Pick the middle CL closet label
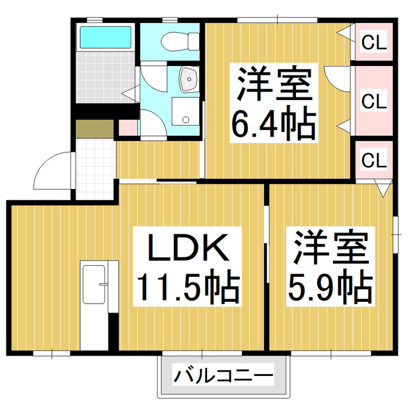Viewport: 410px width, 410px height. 374,101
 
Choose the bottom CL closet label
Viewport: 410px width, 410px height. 374,160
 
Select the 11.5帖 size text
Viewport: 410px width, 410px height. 186,289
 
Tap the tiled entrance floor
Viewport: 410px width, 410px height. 95,166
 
